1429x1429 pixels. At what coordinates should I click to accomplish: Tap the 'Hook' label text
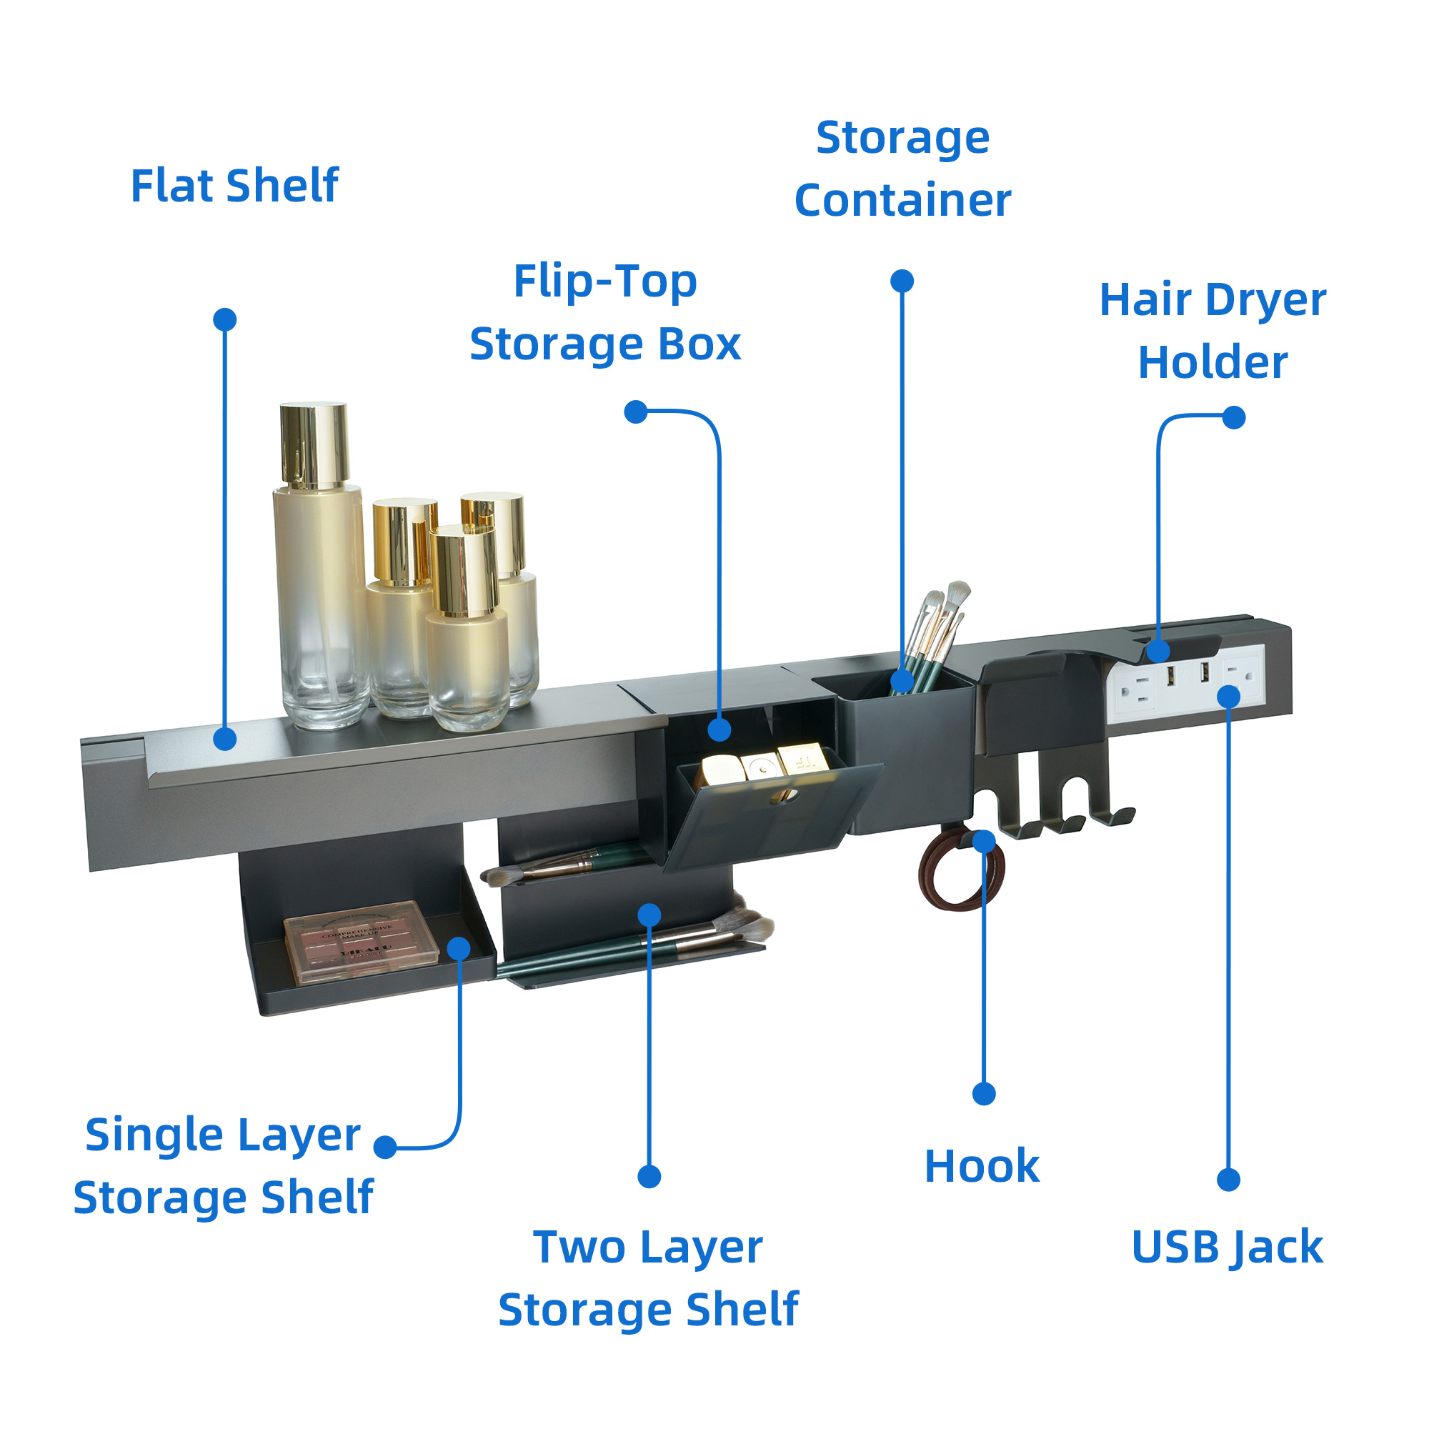tap(982, 1167)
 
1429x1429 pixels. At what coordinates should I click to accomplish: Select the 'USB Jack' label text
tap(1227, 1247)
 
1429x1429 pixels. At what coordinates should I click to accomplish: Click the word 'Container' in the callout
tap(902, 201)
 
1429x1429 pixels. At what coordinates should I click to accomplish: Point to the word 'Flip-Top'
tap(605, 282)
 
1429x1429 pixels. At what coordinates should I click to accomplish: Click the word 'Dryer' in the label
tap(1265, 300)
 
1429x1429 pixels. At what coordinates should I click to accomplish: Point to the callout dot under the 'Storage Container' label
tap(902, 281)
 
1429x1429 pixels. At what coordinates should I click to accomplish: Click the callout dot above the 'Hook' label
tap(984, 1094)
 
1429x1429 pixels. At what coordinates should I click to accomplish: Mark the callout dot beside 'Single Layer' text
tap(385, 1147)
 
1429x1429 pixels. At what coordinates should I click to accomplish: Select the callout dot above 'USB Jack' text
tap(1228, 1180)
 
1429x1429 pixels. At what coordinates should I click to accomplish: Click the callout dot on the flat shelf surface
tap(225, 738)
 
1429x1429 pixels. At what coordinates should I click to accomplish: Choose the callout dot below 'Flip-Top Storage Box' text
tap(636, 412)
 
